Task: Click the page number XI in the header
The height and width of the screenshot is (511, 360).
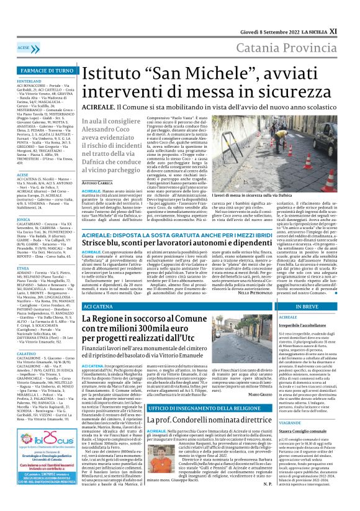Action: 351,11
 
